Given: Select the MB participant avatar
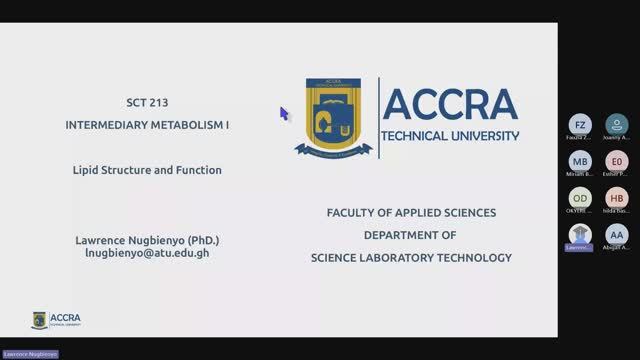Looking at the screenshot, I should (581, 161).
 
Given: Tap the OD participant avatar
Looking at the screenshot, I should (581, 198).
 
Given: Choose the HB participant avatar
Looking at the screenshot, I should (617, 198).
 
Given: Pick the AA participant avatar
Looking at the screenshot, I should (617, 234).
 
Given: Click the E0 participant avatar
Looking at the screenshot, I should (617, 161).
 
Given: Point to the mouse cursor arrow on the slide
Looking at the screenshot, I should (283, 113).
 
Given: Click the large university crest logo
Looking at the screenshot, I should (334, 117).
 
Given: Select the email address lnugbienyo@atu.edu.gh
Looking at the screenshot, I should (146, 253).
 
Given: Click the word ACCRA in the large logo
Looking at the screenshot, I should (450, 104).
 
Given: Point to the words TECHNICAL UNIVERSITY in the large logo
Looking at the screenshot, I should (451, 135).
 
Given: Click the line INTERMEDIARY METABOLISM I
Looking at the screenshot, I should (145, 126).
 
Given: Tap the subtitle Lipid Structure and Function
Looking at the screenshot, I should (147, 170).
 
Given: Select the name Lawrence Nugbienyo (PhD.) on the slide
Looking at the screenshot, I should (146, 240).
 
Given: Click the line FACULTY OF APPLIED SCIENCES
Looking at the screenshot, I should (411, 213).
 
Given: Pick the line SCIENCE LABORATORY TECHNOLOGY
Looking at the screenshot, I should (410, 257).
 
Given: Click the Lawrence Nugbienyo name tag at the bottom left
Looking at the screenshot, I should (30, 354).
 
